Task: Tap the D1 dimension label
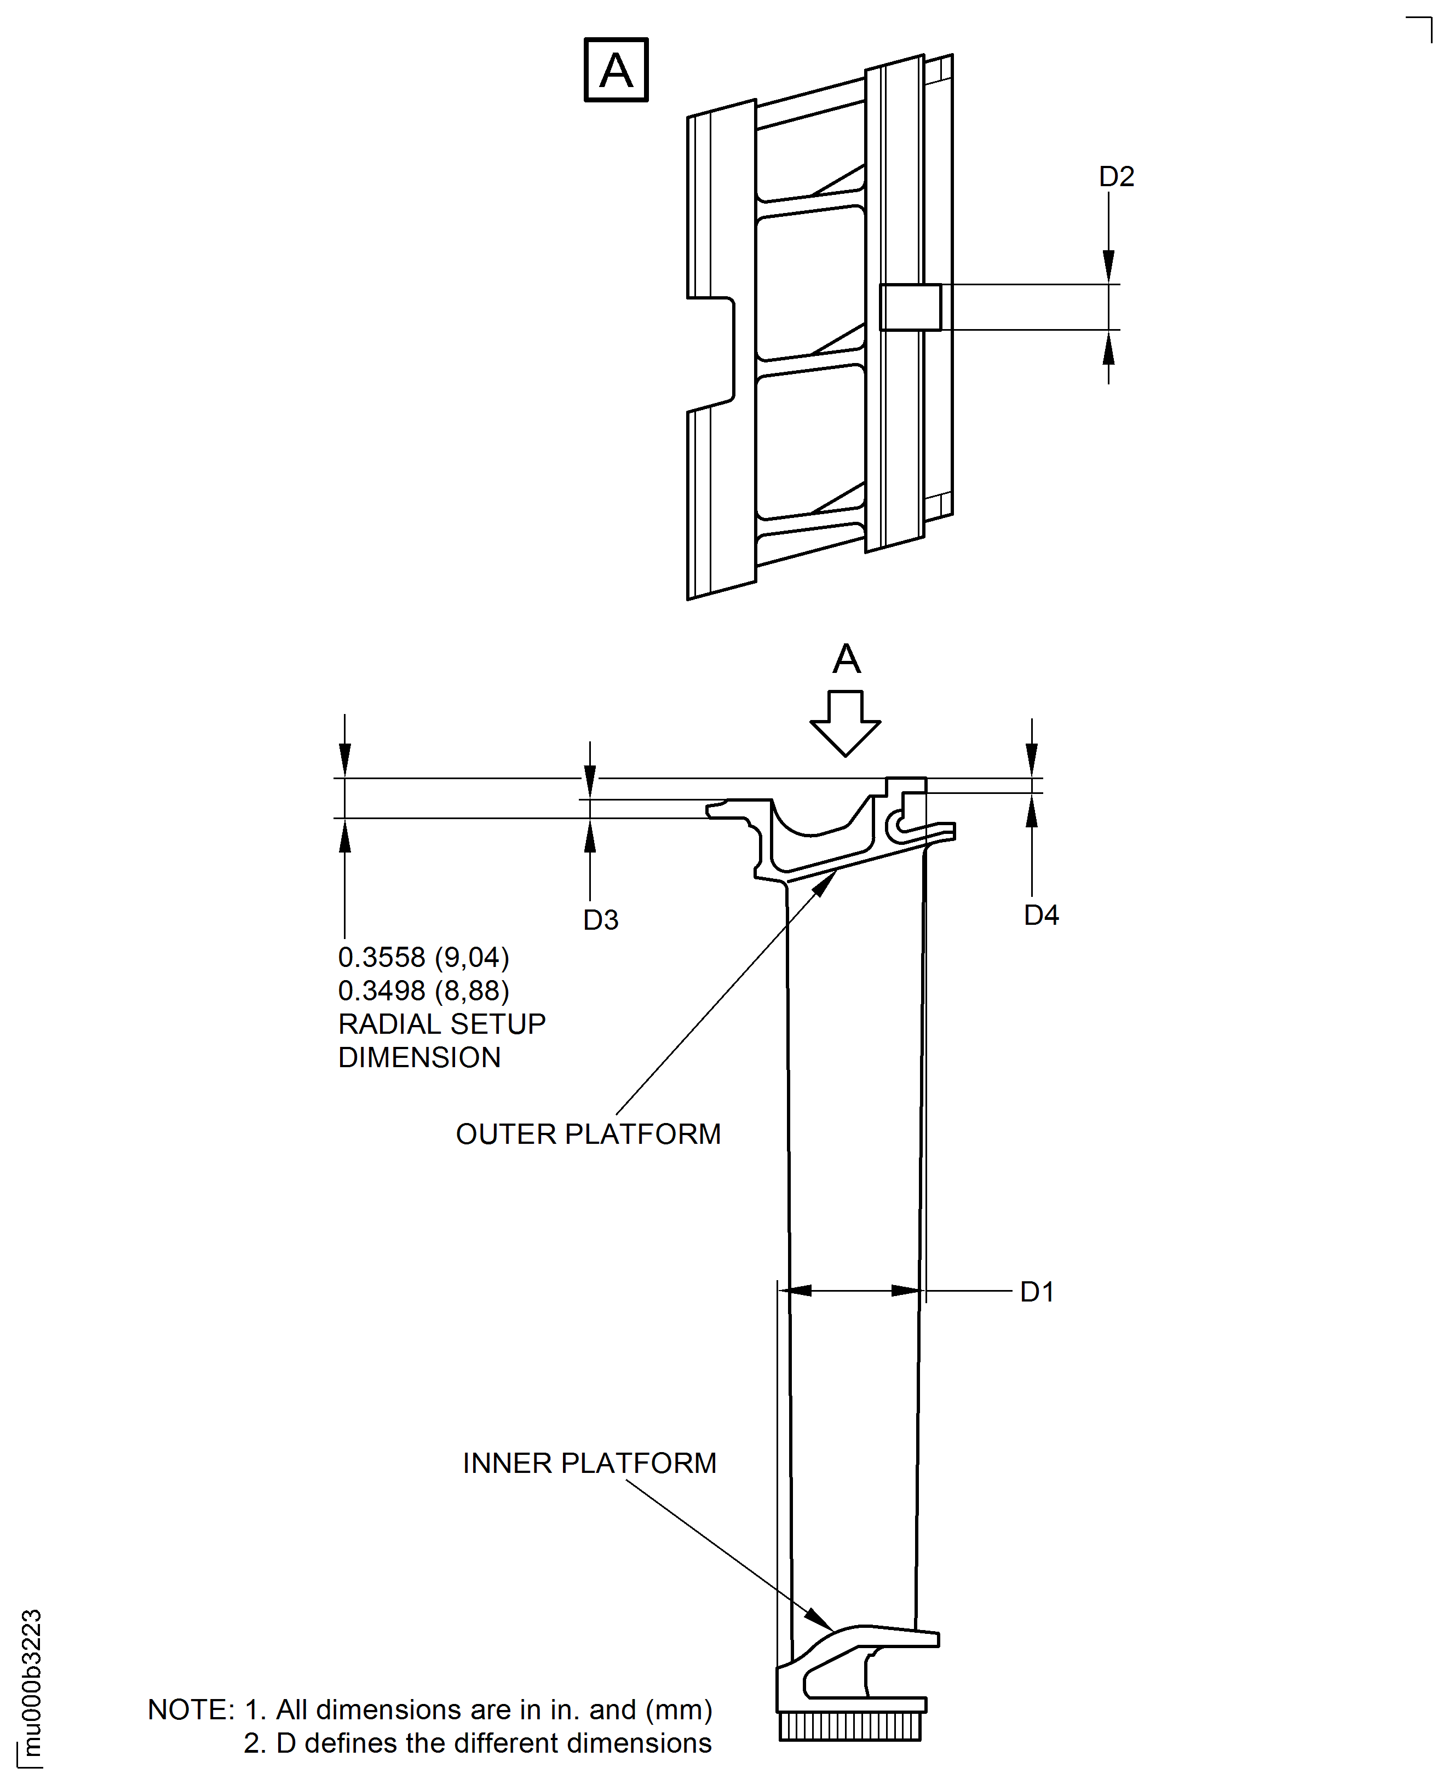pos(1037,1292)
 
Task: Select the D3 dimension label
pos(600,920)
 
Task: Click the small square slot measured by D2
pos(910,307)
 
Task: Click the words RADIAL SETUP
pos(441,1024)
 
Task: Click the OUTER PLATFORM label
pos(588,1134)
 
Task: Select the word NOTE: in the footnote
pos(191,1710)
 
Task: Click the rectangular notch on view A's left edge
pos(712,354)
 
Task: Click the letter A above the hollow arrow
pos(846,659)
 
